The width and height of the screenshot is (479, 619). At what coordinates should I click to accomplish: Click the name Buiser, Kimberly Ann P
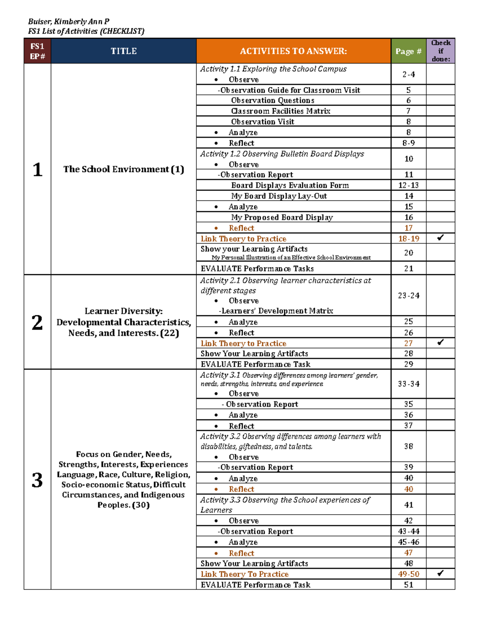pyautogui.click(x=69, y=22)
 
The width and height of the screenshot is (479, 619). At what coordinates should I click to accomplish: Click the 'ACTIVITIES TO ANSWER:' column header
pyautogui.click(x=293, y=51)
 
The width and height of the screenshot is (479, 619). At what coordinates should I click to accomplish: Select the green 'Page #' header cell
pyautogui.click(x=408, y=51)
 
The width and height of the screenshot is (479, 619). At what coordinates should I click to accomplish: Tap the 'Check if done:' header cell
pyautogui.click(x=441, y=51)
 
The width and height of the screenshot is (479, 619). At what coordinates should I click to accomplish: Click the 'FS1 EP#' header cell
pyautogui.click(x=38, y=51)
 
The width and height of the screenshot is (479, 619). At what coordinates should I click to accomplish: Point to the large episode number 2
pyautogui.click(x=37, y=322)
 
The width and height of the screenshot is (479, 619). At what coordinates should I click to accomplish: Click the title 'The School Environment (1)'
pyautogui.click(x=123, y=169)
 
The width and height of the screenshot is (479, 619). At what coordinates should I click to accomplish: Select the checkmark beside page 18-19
pyautogui.click(x=440, y=238)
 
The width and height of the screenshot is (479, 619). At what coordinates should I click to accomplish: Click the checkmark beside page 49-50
pyautogui.click(x=440, y=573)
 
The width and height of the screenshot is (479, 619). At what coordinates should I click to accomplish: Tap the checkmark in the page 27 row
pyautogui.click(x=440, y=342)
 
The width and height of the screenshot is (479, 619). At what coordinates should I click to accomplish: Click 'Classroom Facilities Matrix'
pyautogui.click(x=280, y=111)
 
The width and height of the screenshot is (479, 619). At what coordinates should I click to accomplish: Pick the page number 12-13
pyautogui.click(x=408, y=185)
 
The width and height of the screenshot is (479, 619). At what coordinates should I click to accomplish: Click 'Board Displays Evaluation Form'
pyautogui.click(x=290, y=185)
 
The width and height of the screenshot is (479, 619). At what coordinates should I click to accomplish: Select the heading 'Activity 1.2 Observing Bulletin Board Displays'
pyautogui.click(x=282, y=154)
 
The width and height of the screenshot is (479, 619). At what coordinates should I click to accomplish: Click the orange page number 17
pyautogui.click(x=408, y=228)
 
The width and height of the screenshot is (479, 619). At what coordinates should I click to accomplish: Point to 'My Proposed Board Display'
pyautogui.click(x=281, y=217)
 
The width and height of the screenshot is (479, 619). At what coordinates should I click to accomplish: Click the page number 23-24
pyautogui.click(x=408, y=295)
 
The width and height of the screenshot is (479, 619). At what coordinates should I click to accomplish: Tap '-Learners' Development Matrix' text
pyautogui.click(x=275, y=311)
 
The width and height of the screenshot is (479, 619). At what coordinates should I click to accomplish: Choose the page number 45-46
pyautogui.click(x=408, y=542)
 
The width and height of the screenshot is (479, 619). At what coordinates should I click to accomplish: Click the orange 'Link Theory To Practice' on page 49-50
pyautogui.click(x=244, y=574)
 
